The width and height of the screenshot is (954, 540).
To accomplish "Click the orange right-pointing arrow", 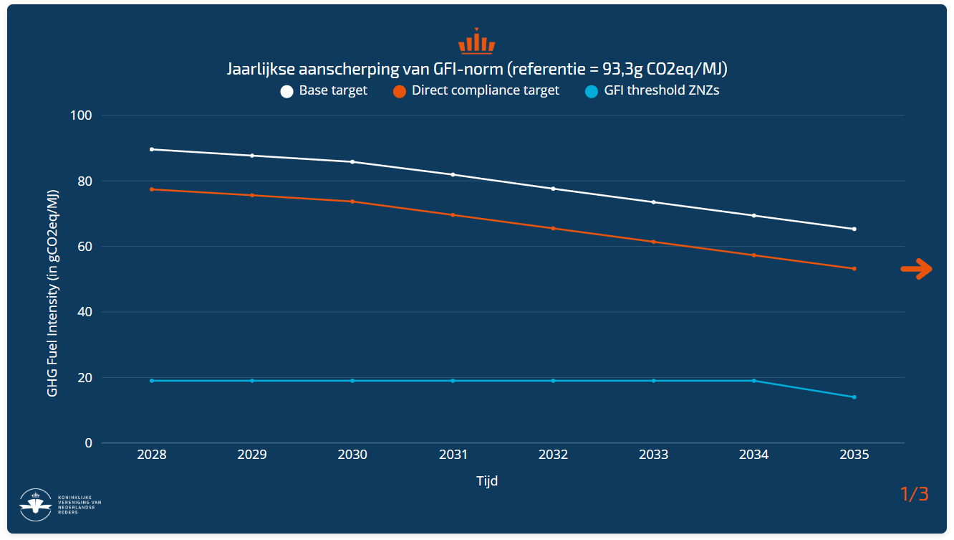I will click(x=916, y=269).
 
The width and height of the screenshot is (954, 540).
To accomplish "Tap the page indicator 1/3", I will click(x=914, y=494).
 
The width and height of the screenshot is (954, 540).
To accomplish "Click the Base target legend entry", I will click(x=324, y=91).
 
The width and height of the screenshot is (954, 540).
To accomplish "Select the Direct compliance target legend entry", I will click(x=476, y=91).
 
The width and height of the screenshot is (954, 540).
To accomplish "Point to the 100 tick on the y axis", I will click(x=82, y=115).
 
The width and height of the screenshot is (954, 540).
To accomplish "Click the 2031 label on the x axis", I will click(x=453, y=455).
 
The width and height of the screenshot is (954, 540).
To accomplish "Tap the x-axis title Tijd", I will click(x=487, y=481).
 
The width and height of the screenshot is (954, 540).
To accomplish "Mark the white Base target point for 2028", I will click(x=152, y=149).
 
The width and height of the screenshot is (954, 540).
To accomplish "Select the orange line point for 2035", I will click(x=854, y=269).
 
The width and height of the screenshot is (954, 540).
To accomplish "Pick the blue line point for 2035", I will click(x=854, y=397).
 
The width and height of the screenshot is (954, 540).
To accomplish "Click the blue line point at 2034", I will click(x=754, y=381).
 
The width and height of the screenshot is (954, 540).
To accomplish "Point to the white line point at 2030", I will click(x=352, y=162).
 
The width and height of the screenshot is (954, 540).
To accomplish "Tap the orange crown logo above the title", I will click(x=476, y=42).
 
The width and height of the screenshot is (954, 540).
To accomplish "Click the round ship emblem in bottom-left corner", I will click(x=35, y=504).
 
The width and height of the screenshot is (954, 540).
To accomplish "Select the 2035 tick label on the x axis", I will click(x=854, y=455).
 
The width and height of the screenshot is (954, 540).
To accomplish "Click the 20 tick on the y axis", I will click(x=85, y=378).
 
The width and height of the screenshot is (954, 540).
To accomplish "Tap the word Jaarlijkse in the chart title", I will click(x=260, y=70).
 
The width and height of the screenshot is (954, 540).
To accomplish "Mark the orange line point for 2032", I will click(x=553, y=228).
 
